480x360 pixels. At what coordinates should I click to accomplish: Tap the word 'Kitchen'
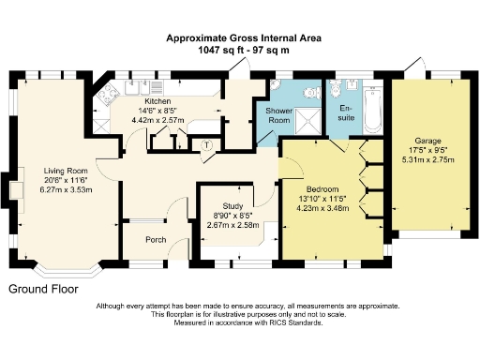[x=156, y=99]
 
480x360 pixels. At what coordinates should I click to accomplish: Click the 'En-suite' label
[x=347, y=112]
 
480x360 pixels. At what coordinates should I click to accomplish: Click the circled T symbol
[x=206, y=144]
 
